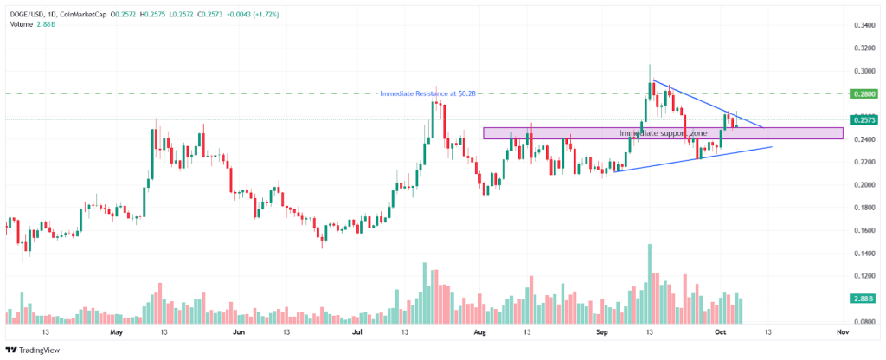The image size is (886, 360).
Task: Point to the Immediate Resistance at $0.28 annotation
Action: coord(430,93)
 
